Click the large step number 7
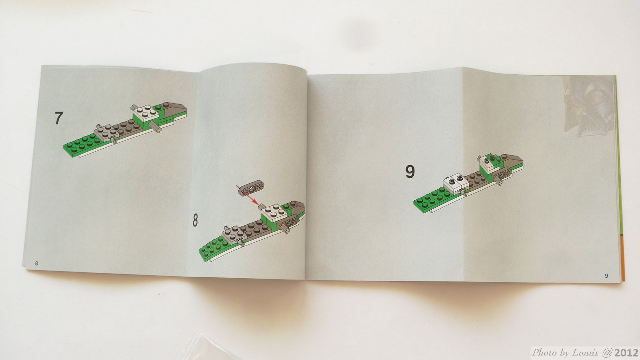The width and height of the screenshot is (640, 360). click(58, 118)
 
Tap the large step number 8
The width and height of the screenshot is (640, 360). click(195, 221)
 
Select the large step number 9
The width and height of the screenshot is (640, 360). click(410, 172)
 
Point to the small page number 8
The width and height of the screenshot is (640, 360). click(36, 264)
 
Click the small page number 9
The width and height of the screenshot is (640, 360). click(606, 275)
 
